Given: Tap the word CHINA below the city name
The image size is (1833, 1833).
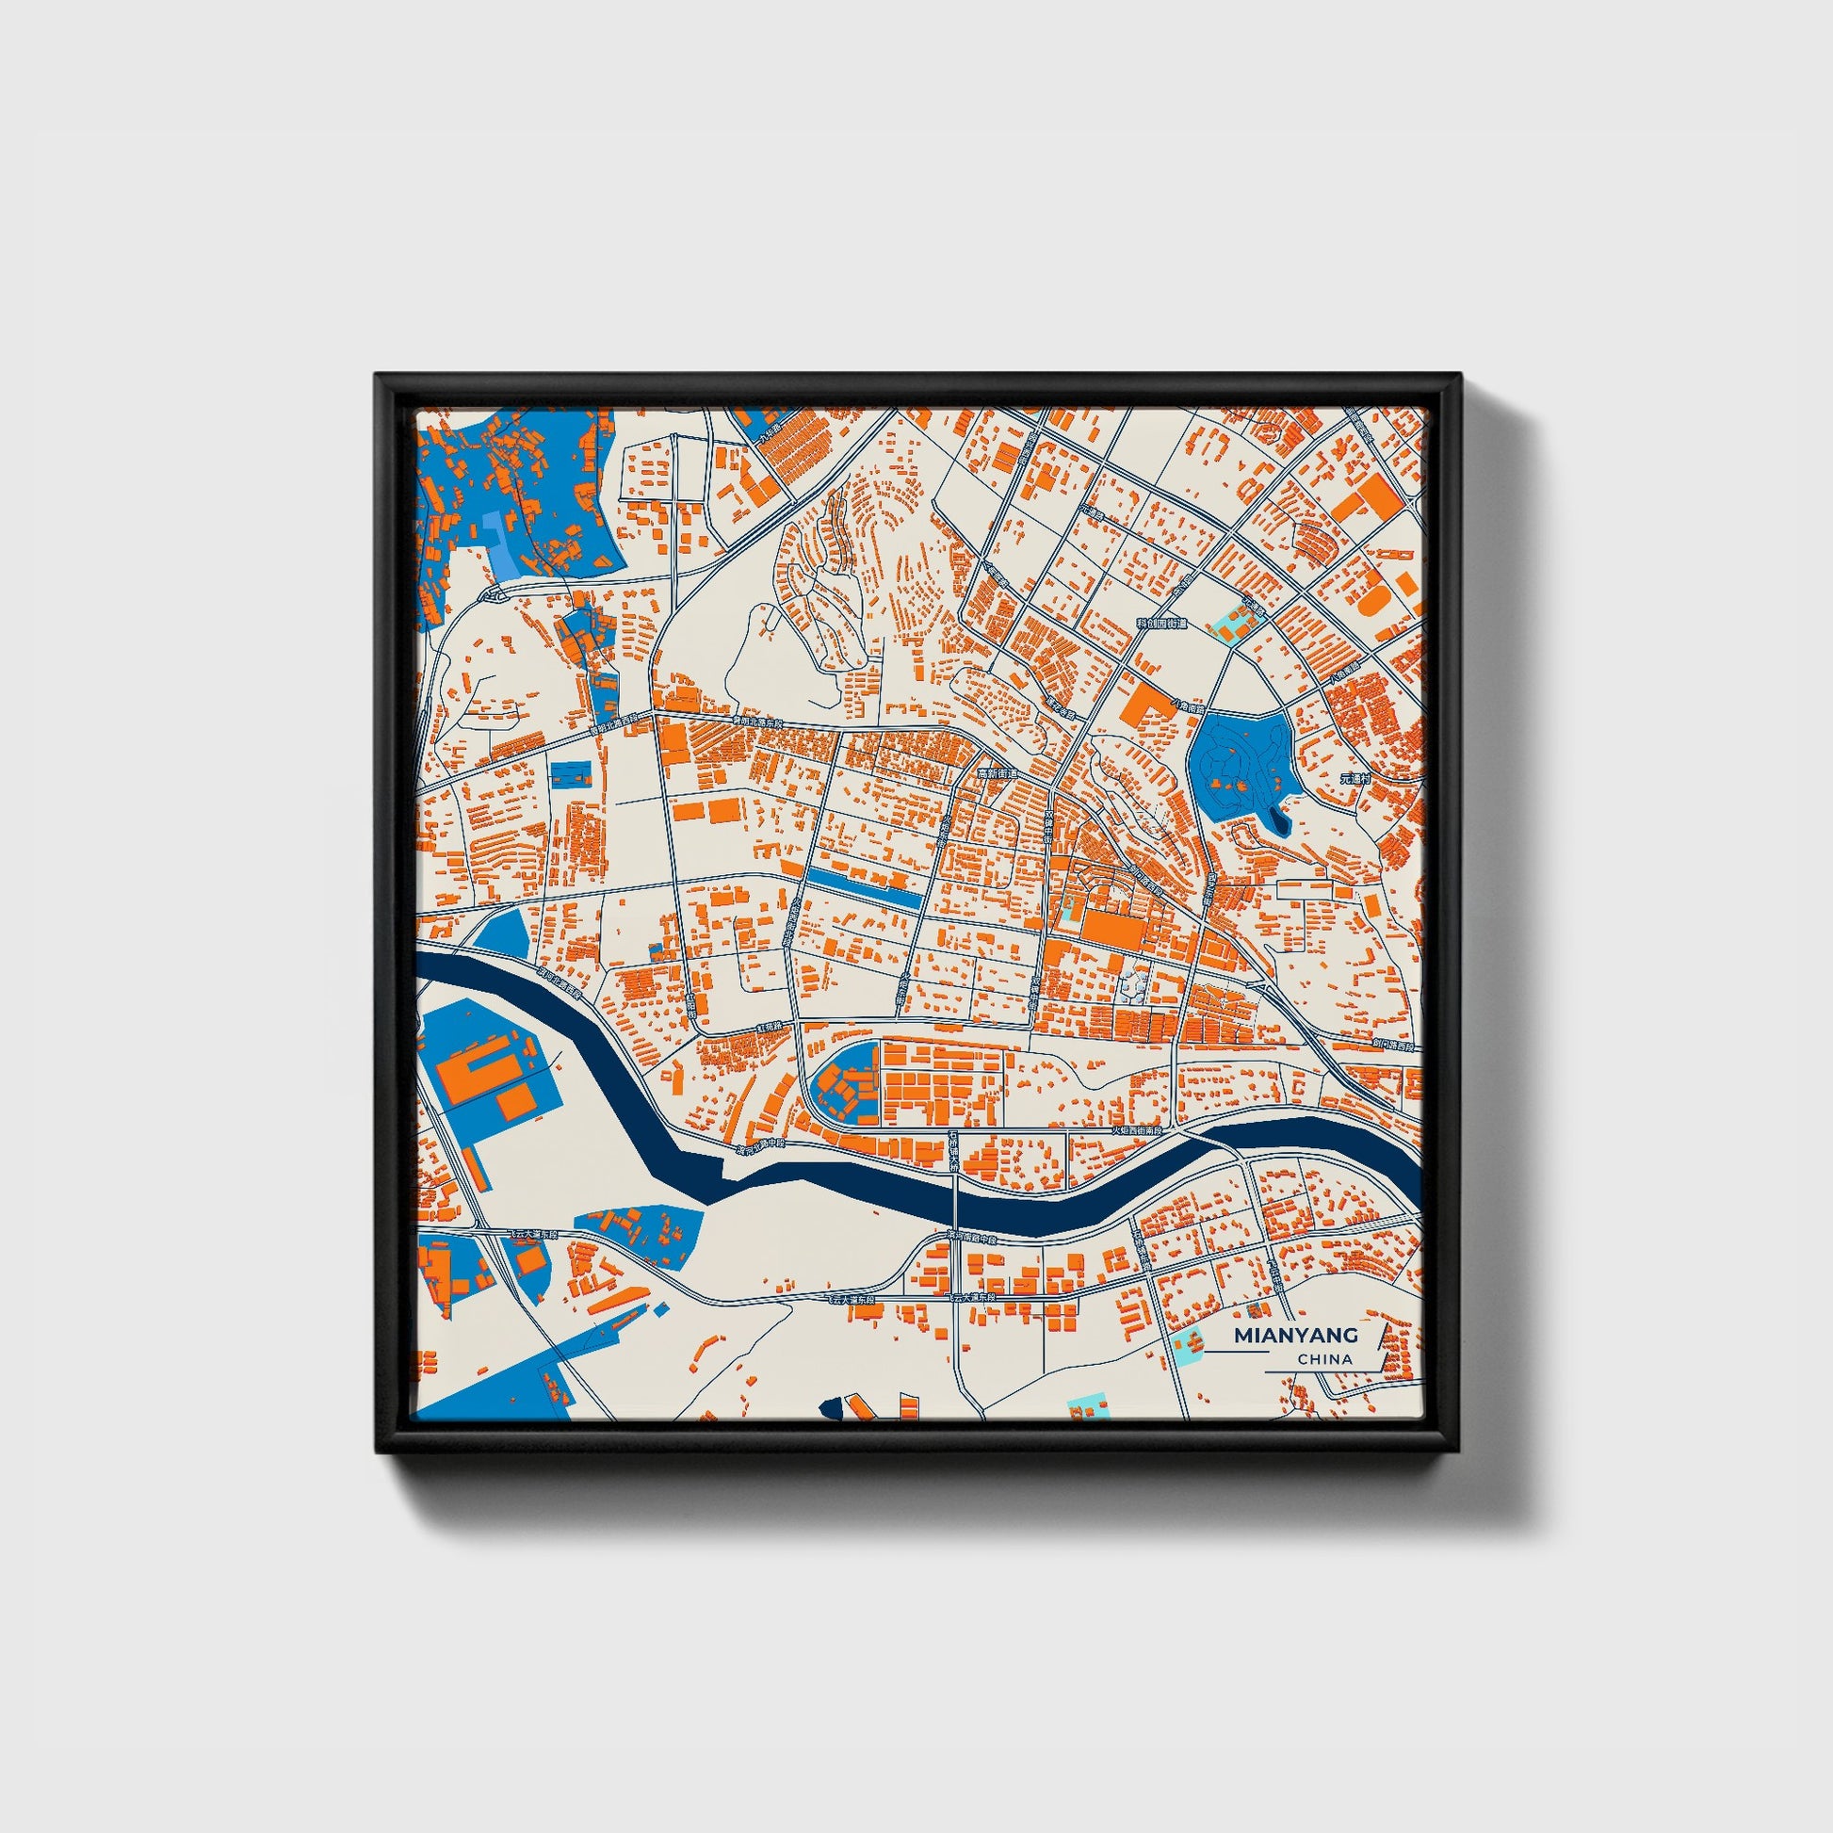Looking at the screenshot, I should point(1325,1359).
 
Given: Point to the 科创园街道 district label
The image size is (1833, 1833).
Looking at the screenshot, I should point(1161,625).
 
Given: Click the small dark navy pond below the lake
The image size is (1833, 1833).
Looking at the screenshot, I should point(1280,821).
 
